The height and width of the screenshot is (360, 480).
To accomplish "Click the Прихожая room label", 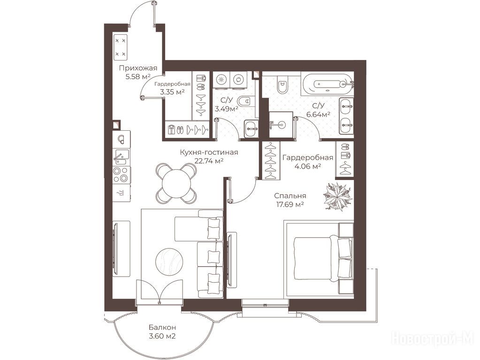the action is tap(138, 68).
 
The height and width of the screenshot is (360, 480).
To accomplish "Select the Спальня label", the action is tap(290, 196).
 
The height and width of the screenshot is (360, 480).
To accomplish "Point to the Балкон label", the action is tap(162, 327).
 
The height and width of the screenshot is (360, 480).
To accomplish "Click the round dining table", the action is tap(176, 184).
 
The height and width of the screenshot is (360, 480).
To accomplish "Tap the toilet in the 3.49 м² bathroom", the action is tap(245, 101).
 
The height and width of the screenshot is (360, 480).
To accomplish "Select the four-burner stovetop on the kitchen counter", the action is tap(121, 175).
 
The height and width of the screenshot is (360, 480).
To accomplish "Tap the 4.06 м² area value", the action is tap(307, 166).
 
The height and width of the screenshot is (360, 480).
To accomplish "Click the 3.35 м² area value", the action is tap(172, 91).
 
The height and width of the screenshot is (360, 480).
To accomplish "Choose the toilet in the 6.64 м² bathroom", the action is tap(282, 84).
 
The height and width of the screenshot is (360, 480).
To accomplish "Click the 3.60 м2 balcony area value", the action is tap(162, 337).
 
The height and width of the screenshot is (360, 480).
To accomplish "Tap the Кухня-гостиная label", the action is tap(209, 152).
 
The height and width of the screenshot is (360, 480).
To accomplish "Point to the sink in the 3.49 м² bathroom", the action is tap(251, 128).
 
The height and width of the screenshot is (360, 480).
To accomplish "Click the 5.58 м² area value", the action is tap(138, 76).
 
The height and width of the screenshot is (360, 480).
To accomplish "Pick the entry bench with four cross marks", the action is tap(120, 47).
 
